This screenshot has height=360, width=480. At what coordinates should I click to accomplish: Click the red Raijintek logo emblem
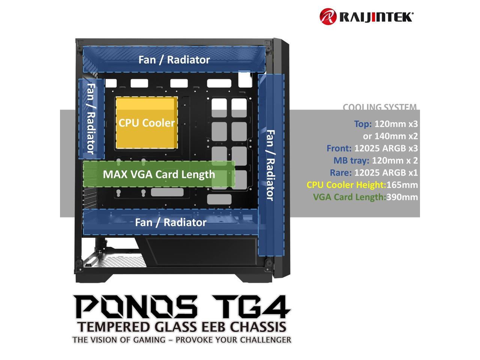click(x=327, y=17)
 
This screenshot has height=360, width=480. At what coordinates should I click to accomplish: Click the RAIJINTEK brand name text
click(x=376, y=17)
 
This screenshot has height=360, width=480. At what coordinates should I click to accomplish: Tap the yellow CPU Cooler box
click(x=147, y=123)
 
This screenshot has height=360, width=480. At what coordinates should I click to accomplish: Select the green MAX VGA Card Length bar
click(x=159, y=174)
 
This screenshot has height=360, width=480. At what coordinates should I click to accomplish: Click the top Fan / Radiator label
click(x=174, y=60)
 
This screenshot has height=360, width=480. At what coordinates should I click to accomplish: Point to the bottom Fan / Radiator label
click(x=171, y=222)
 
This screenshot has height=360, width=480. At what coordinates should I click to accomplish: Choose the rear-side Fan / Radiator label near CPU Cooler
click(x=90, y=119)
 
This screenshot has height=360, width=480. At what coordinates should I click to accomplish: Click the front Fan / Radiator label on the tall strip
click(x=270, y=165)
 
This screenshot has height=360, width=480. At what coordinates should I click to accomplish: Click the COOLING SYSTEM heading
click(x=379, y=107)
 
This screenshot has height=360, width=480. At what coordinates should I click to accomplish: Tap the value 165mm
click(x=402, y=185)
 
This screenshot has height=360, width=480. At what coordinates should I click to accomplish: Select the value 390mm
click(x=402, y=197)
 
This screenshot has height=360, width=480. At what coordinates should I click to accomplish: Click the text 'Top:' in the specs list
click(x=363, y=124)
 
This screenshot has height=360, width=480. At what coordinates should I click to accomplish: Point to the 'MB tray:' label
click(x=351, y=161)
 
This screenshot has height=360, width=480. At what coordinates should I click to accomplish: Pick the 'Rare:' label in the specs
click(x=340, y=173)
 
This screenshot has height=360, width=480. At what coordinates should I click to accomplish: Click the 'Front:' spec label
click(x=339, y=148)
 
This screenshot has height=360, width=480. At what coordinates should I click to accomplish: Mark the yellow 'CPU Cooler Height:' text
click(x=346, y=185)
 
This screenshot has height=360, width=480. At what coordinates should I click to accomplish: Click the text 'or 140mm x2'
click(x=390, y=136)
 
